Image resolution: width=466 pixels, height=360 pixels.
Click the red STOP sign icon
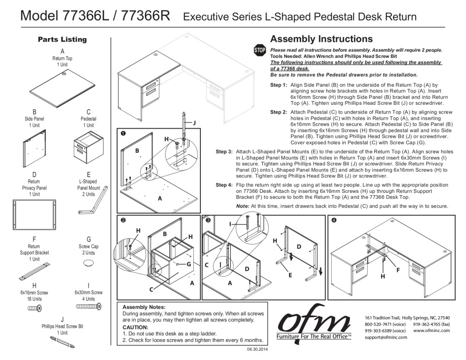pyautogui.click(x=259, y=50)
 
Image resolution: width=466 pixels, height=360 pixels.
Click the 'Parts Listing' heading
pyautogui.click(x=62, y=40)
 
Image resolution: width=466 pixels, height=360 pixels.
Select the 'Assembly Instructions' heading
pyautogui.click(x=321, y=39)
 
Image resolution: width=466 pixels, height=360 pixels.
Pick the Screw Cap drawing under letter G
pyautogui.click(x=88, y=264)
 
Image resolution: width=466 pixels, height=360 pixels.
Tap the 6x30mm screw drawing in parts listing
pyautogui.click(x=89, y=307)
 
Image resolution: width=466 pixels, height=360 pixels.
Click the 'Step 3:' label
pyautogui.click(x=224, y=152)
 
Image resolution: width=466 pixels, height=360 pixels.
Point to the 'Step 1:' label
pyautogui.click(x=279, y=85)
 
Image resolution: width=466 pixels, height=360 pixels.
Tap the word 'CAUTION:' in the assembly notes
pyautogui.click(x=135, y=327)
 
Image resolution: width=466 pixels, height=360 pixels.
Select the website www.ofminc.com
pyautogui.click(x=432, y=330)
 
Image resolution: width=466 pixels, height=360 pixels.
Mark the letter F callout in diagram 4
pyautogui.click(x=397, y=270)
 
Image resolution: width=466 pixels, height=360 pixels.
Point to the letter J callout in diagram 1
pyautogui.click(x=194, y=122)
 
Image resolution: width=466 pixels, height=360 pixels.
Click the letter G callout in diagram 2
pyautogui.click(x=189, y=264)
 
